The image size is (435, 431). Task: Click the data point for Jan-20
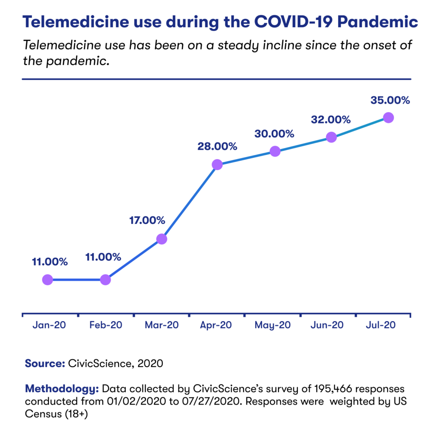click(x=48, y=280)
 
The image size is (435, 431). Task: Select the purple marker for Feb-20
click(x=105, y=280)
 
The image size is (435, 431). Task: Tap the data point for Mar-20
click(x=161, y=239)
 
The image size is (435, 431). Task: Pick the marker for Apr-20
click(x=217, y=164)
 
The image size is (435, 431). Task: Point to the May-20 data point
click(x=275, y=151)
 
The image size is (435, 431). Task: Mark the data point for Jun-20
click(x=331, y=137)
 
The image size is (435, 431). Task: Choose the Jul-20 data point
click(x=388, y=117)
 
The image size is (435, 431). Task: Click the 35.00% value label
click(x=390, y=100)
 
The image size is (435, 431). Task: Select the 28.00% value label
click(x=217, y=146)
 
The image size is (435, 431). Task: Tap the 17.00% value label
click(x=147, y=220)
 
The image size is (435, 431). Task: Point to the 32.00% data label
click(x=331, y=120)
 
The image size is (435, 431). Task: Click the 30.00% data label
click(x=274, y=134)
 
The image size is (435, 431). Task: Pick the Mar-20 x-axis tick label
click(x=161, y=325)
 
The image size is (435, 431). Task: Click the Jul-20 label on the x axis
click(x=381, y=325)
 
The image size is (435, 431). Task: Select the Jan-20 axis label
click(x=49, y=325)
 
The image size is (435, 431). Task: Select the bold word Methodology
click(x=62, y=388)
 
